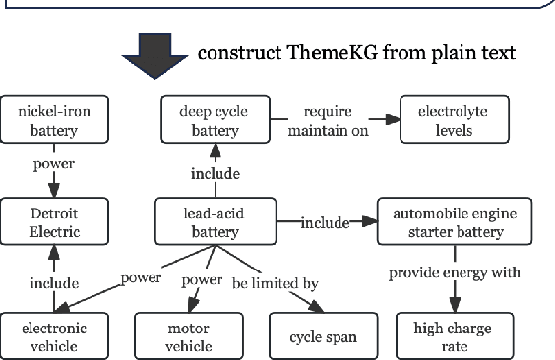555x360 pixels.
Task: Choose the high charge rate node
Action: (453, 335)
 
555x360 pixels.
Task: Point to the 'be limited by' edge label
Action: (275, 283)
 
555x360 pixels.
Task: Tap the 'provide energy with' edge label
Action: (454, 271)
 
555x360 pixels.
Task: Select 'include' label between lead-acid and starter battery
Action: (325, 222)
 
